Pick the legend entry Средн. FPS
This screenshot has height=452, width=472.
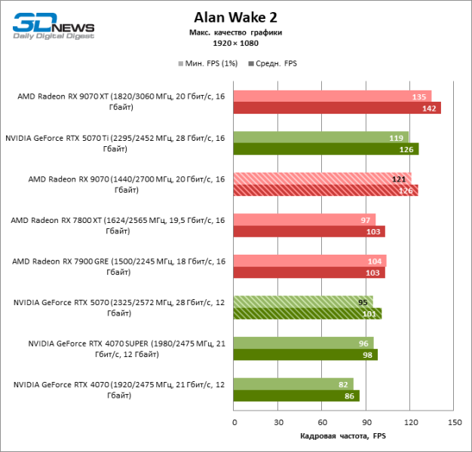click(274, 63)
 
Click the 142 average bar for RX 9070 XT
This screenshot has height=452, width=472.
click(337, 108)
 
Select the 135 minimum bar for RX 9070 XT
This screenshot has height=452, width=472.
click(333, 96)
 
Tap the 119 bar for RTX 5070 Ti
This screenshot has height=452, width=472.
click(320, 138)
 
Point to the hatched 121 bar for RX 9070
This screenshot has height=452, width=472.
click(322, 179)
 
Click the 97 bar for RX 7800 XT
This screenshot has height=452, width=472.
click(305, 219)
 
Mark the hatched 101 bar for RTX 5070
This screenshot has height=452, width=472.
click(308, 313)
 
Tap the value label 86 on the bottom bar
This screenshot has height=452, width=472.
click(350, 395)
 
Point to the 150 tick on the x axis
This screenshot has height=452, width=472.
click(454, 422)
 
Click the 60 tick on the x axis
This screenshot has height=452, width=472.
click(322, 422)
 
